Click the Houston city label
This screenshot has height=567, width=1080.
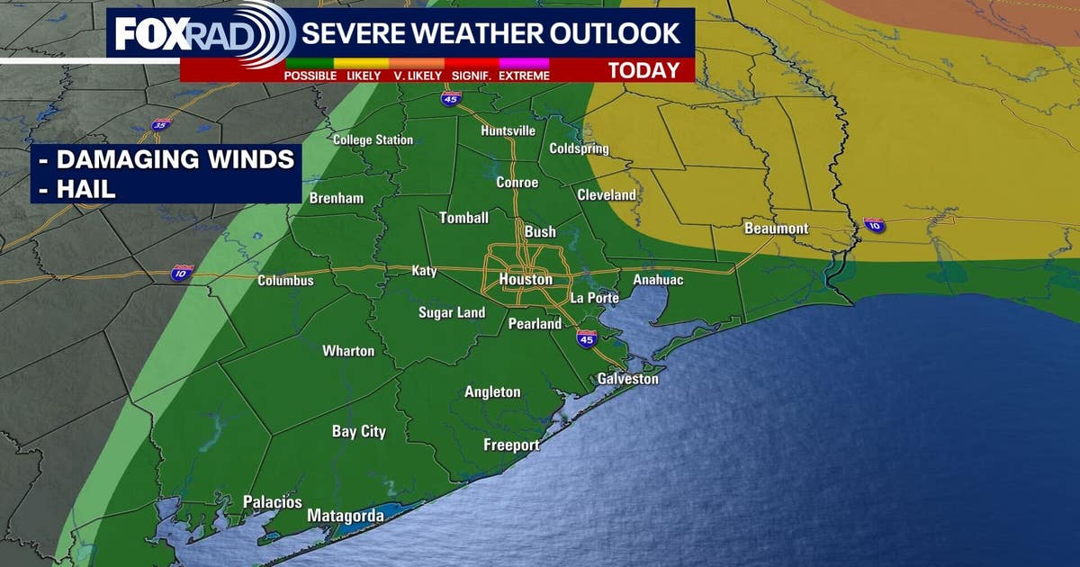(x=526, y=280)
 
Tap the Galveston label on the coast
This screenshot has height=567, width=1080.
(x=627, y=379)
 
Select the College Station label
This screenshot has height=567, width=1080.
(x=373, y=139)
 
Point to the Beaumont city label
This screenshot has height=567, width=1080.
(x=776, y=229)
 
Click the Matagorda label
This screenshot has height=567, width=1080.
(x=346, y=516)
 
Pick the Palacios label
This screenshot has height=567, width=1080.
(x=272, y=502)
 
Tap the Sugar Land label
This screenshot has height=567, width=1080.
(x=452, y=313)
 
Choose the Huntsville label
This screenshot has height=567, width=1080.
(x=508, y=130)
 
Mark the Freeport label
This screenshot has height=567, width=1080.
(x=511, y=445)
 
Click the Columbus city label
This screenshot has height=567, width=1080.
(x=285, y=281)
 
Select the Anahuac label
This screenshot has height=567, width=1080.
(x=658, y=280)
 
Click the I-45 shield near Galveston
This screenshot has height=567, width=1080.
(x=586, y=338)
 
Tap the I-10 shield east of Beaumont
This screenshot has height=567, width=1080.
(x=874, y=225)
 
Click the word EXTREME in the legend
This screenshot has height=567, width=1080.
(x=524, y=76)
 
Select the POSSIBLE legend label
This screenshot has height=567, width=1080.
(x=310, y=76)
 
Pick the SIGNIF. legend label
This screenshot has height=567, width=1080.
(x=470, y=76)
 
